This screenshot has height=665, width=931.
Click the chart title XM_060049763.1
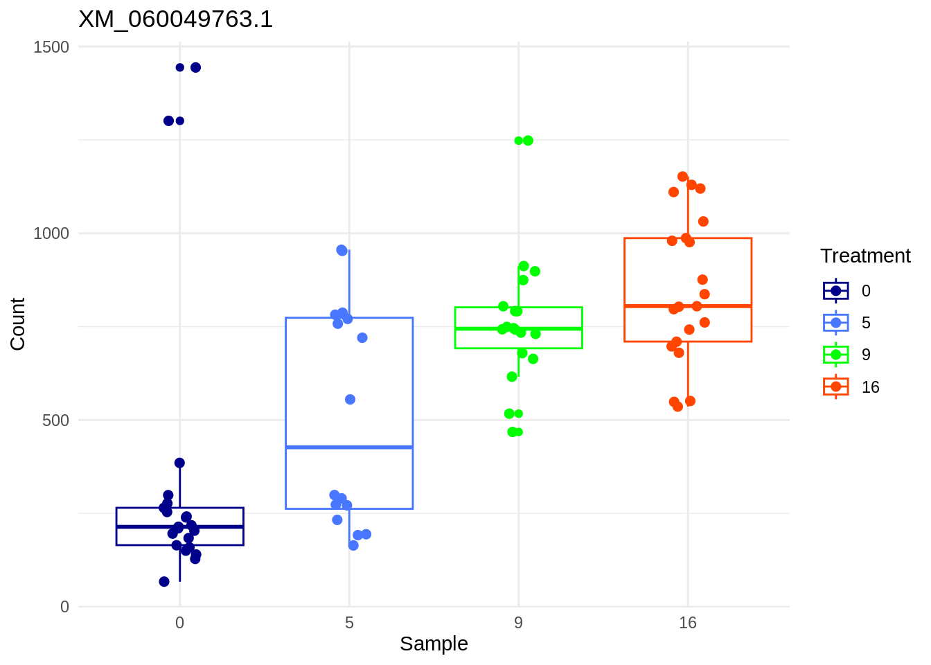point(176,19)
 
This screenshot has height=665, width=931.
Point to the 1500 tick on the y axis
point(51,47)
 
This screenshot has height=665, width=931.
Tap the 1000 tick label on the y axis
point(51,233)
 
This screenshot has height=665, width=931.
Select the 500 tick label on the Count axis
point(55,420)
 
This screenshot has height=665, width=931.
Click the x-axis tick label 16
point(687,623)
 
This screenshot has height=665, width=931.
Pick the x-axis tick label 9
point(518,623)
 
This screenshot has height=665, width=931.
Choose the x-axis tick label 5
point(349,623)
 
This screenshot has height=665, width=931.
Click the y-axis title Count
point(18,324)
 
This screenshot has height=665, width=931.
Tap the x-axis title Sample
point(434,644)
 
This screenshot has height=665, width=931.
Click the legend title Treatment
point(865,256)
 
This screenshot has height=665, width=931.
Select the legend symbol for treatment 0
point(835,291)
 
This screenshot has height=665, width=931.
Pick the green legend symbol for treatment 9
point(835,355)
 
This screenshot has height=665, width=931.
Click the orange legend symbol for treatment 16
point(835,387)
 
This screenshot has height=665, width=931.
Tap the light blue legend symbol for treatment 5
point(835,323)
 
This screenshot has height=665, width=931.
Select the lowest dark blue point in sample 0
point(164,582)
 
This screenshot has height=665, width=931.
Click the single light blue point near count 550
point(350,400)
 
